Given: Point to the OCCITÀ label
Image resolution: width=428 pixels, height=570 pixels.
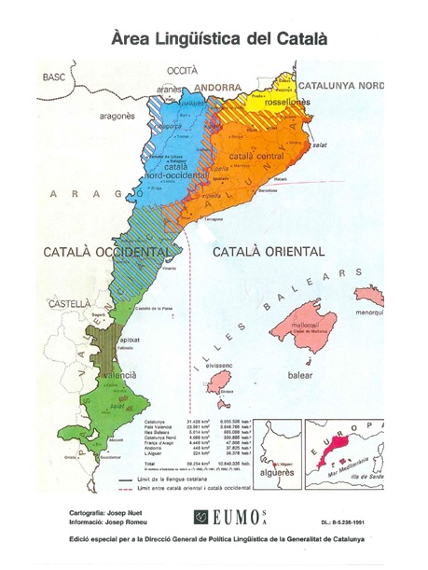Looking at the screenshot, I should click(182, 71).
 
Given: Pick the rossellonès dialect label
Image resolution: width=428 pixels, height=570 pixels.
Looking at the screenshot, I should click(286, 104).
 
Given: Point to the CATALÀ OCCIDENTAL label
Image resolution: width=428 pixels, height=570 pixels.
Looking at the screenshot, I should click(107, 253).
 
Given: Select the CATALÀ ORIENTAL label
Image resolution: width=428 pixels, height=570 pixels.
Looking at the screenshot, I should click(269, 253).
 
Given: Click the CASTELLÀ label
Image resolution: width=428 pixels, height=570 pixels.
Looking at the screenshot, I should click(70, 304).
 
